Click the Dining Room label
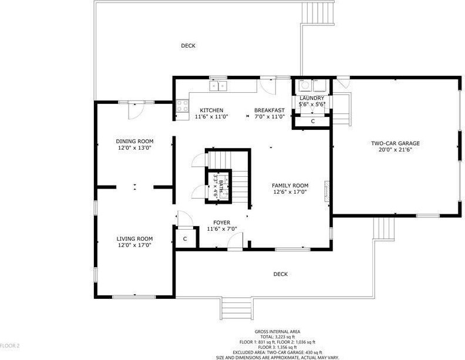(134, 141)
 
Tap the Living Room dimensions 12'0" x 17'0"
(134, 245)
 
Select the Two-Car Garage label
(395, 143)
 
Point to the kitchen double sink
(218, 86)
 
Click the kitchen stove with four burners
(183, 106)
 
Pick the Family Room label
(290, 186)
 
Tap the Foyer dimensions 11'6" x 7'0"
(222, 229)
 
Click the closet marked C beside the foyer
(186, 238)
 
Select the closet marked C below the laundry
(312, 122)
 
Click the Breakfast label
(269, 110)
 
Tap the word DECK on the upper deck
(188, 46)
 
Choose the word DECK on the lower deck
(281, 274)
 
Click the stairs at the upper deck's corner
(318, 12)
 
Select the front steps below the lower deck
(237, 308)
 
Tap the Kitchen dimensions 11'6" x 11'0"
(211, 117)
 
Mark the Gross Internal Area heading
(277, 332)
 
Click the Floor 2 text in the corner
(9, 345)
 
